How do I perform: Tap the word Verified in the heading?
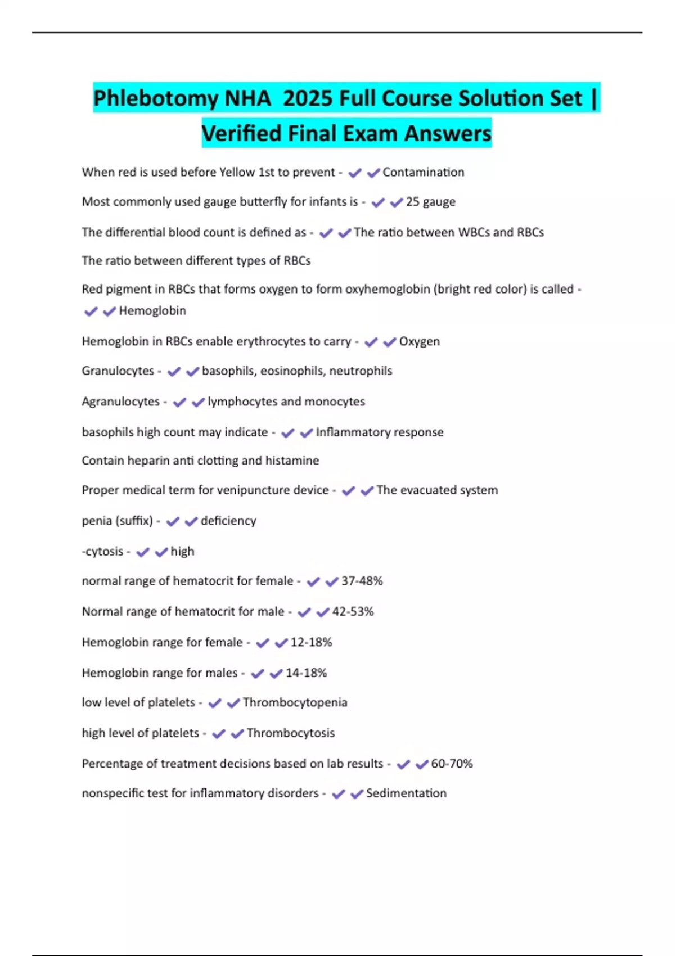pyautogui.click(x=241, y=133)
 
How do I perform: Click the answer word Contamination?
pyautogui.click(x=424, y=172)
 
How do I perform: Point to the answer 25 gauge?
pyautogui.click(x=431, y=201)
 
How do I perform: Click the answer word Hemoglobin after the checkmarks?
pyautogui.click(x=152, y=310)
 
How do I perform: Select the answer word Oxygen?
pyautogui.click(x=420, y=341)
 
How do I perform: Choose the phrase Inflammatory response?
pyautogui.click(x=380, y=432)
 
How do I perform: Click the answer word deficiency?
pyautogui.click(x=228, y=521)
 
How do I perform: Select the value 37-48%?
pyautogui.click(x=362, y=581)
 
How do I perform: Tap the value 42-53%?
pyautogui.click(x=353, y=611)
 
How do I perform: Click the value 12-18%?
pyautogui.click(x=311, y=642)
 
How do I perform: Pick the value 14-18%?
pyautogui.click(x=306, y=673)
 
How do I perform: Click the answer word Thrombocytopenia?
pyautogui.click(x=295, y=702)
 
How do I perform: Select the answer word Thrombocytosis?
pyautogui.click(x=291, y=733)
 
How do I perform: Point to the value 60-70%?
pyautogui.click(x=452, y=764)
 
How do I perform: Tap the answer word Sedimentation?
pyautogui.click(x=406, y=793)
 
